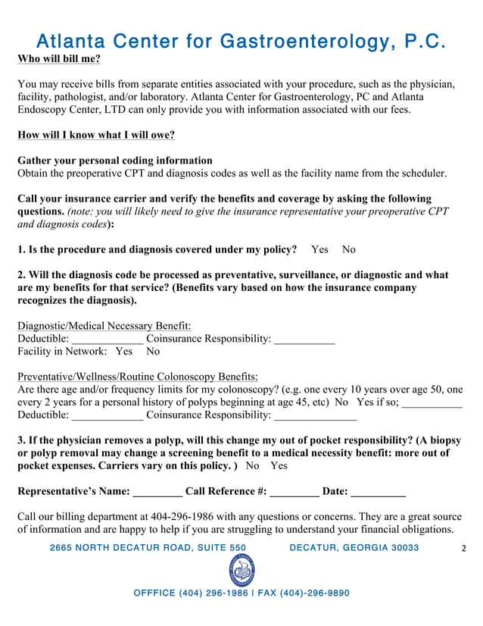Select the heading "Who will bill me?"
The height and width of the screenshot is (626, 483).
pos(59,59)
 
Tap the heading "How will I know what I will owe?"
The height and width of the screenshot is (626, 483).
pos(96,136)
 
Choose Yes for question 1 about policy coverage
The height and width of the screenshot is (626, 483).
pos(320,249)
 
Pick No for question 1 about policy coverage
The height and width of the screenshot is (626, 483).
pos(348,249)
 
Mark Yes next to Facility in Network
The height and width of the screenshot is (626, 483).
pos(123,352)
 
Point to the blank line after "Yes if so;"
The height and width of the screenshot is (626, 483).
pos(432,402)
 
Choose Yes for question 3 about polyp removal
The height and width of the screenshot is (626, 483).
pos(279,466)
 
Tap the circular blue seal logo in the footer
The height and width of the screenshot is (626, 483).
pos(241,571)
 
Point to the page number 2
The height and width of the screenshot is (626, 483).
pos(464,548)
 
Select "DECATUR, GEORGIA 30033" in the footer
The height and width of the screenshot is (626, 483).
pos(354,548)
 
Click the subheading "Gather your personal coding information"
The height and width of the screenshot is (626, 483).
pos(115,161)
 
